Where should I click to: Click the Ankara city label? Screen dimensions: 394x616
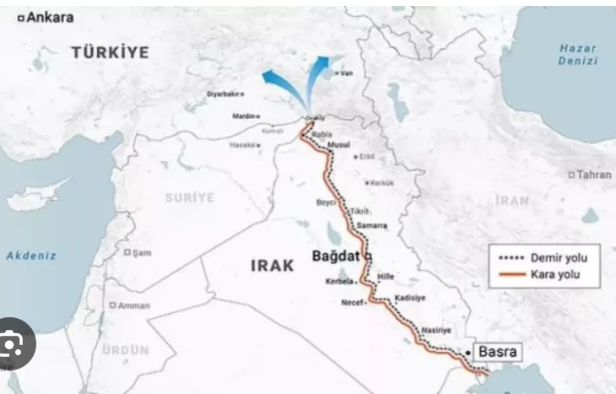click(x=50, y=17)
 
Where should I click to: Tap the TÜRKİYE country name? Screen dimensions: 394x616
click(x=110, y=52)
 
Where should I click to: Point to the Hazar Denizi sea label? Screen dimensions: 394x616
click(x=577, y=55)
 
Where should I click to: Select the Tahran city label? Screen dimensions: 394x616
click(x=593, y=175)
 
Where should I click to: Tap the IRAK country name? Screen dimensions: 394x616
click(x=273, y=265)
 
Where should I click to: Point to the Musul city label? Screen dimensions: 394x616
click(x=338, y=145)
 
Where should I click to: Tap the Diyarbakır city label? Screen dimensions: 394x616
click(x=224, y=94)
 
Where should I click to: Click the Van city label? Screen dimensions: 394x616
click(x=345, y=73)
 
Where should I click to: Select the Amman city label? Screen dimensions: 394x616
click(x=133, y=305)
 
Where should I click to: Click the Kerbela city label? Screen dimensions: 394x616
click(x=339, y=281)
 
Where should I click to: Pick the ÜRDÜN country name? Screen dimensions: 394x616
click(x=126, y=349)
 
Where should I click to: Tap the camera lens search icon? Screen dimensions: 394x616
click(x=12, y=343)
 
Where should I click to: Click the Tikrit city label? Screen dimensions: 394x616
click(x=360, y=211)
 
